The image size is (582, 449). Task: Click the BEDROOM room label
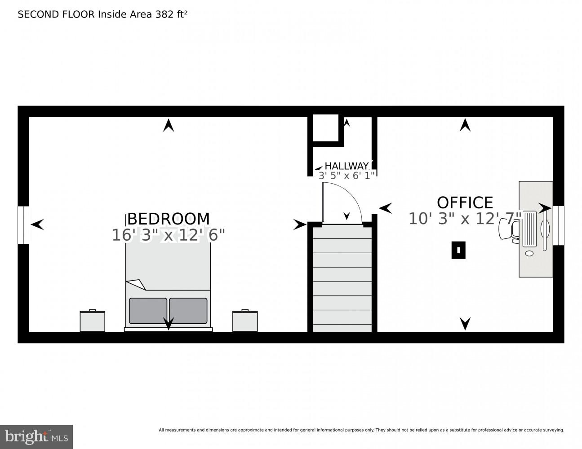click(169, 219)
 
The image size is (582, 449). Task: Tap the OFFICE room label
click(465, 202)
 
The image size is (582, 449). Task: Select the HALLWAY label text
click(346, 166)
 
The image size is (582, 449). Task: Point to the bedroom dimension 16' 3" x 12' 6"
click(168, 235)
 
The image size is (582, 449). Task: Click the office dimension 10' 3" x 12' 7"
click(465, 219)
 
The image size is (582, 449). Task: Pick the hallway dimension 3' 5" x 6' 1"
click(347, 176)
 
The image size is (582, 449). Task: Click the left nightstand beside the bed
click(92, 321)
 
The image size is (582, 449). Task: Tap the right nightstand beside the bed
click(245, 321)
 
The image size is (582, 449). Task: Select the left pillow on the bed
click(148, 311)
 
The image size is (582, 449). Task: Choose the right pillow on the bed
click(188, 311)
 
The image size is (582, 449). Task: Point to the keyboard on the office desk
click(530, 229)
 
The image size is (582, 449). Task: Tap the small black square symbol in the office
click(458, 251)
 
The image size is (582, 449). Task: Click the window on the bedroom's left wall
click(23, 225)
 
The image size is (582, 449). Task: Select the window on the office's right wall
click(558, 225)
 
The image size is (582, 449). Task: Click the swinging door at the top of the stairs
click(342, 204)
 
